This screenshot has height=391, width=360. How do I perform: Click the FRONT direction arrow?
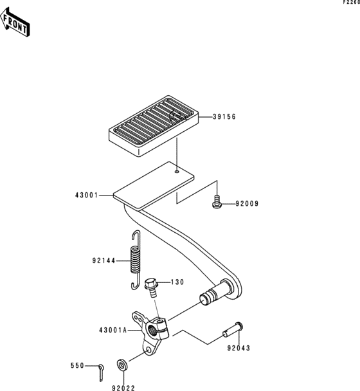pos(15,23)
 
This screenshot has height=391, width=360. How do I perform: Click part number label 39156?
pos(224,116)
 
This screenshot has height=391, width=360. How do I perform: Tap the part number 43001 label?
pos(87,195)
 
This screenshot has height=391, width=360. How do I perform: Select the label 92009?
pos(247,204)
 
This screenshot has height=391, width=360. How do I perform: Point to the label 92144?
pos(104,261)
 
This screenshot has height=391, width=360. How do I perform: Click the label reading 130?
pos(177,282)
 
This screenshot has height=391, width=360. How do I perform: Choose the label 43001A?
pos(113,331)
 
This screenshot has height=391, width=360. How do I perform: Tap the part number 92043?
pos(239,348)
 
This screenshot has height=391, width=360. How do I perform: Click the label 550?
pos(77,366)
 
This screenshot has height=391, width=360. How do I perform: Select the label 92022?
pos(123,388)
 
